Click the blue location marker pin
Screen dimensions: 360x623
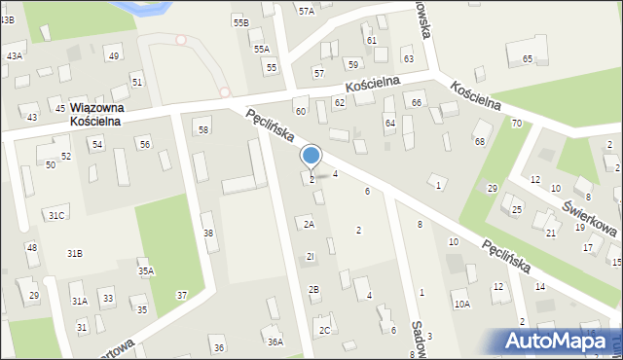(x=311, y=156)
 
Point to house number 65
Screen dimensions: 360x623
(x=528, y=59)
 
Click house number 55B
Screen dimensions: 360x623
(x=240, y=21)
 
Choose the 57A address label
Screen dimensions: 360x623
(x=307, y=11)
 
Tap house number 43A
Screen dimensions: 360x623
(x=14, y=56)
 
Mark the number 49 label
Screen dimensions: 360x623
(x=114, y=55)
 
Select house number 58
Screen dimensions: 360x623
(x=202, y=129)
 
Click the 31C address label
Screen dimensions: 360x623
(x=56, y=215)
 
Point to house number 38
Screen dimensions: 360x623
(x=207, y=233)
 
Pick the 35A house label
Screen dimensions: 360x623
(x=146, y=271)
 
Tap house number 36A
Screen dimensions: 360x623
(x=275, y=342)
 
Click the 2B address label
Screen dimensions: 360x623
(x=313, y=289)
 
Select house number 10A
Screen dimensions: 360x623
(x=461, y=304)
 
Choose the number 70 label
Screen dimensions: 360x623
(x=517, y=123)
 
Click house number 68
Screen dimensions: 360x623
(x=479, y=142)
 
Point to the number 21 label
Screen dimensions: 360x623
(x=550, y=234)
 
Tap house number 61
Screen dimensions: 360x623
(x=371, y=40)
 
